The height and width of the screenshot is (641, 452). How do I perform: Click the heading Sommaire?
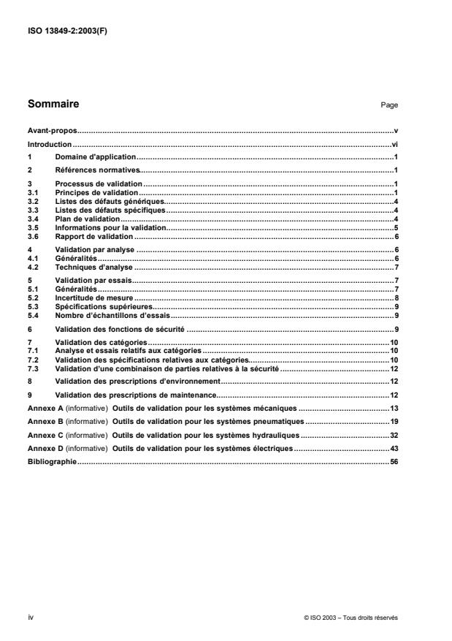[x=53, y=105]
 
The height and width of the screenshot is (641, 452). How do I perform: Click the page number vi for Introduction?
[x=394, y=145]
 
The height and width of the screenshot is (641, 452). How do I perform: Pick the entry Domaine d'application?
[x=96, y=157]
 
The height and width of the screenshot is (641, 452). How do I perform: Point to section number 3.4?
[x=32, y=219]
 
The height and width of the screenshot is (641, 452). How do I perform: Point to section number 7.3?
[x=32, y=370]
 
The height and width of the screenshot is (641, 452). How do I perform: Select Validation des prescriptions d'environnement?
[x=137, y=382]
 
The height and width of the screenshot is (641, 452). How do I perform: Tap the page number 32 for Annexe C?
[x=393, y=433]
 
